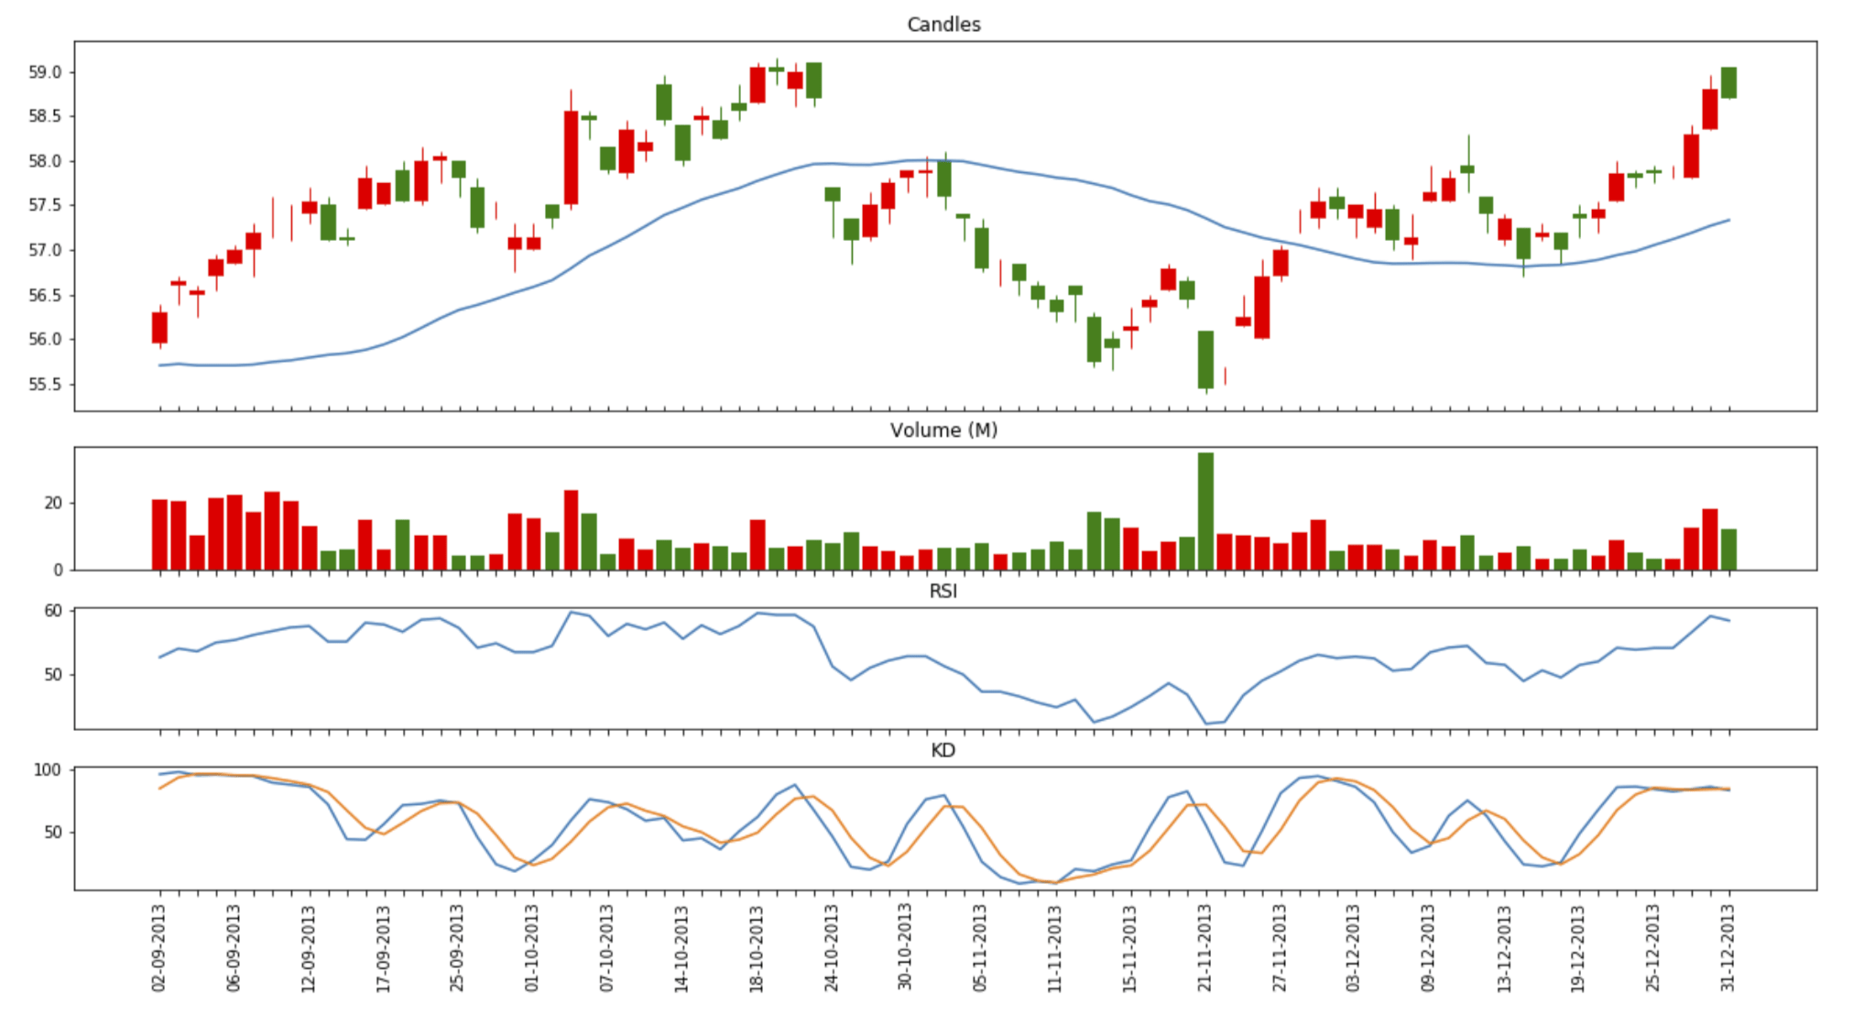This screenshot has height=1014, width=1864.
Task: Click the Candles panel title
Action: [x=943, y=25]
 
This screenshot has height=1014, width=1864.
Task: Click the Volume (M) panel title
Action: [x=943, y=431]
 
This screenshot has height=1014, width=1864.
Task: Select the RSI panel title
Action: [x=943, y=592]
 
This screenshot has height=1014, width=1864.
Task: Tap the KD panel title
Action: [x=943, y=751]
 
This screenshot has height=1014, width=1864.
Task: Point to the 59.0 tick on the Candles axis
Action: [x=45, y=72]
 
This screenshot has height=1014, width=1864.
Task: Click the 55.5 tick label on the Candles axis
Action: [x=45, y=385]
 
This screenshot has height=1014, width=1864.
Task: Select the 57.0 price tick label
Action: [x=45, y=250]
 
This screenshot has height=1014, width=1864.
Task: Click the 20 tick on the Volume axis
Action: [x=53, y=504]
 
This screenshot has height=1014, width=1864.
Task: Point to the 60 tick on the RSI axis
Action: [x=53, y=611]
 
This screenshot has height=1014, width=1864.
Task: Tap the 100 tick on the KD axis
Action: [x=48, y=770]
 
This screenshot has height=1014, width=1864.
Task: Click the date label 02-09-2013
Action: [x=159, y=948]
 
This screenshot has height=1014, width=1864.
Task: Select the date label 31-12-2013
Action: [x=1728, y=948]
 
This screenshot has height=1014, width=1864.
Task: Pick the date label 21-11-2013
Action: [x=1205, y=948]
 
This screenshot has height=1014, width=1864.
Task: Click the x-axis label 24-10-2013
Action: [x=832, y=948]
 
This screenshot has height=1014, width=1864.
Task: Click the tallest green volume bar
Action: [x=1205, y=511]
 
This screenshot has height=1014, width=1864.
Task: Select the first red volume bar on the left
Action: [x=159, y=535]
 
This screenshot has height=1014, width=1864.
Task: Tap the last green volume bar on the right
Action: [x=1728, y=550]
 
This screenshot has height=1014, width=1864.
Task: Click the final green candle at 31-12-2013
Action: [x=1728, y=82]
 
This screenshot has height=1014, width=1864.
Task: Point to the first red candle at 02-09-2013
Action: [x=159, y=327]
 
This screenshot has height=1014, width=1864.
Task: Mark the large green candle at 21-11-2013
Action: [x=1205, y=359]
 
